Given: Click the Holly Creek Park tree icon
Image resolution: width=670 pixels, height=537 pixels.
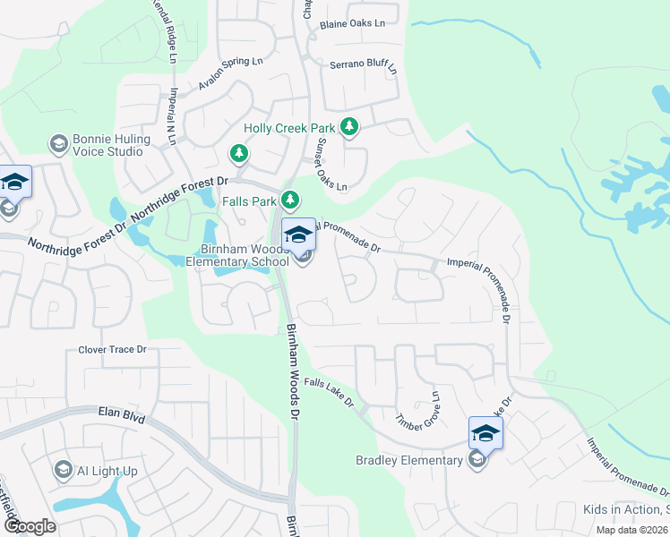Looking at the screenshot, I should (x=349, y=128).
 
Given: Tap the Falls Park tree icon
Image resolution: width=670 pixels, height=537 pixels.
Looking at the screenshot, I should (x=289, y=200).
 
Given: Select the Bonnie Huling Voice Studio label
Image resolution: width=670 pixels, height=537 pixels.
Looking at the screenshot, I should (x=107, y=145).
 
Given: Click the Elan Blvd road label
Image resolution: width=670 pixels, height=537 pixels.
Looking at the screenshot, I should (x=120, y=415).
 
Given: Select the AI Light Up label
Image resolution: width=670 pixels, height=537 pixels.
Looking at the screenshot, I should (x=107, y=471).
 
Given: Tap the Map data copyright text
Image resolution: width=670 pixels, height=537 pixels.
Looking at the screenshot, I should (x=632, y=530).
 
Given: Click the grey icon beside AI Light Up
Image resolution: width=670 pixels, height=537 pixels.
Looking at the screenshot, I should (x=63, y=470).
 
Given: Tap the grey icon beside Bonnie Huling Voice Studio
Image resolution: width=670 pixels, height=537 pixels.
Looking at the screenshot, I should (x=59, y=144).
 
